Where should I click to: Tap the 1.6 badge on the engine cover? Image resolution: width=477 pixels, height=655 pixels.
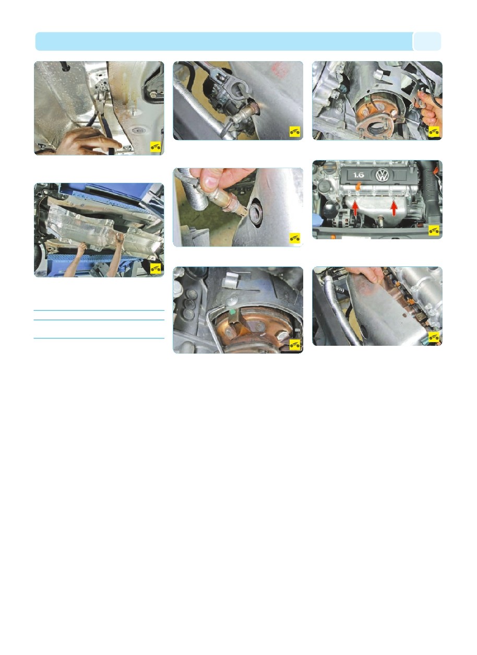pos(358,175)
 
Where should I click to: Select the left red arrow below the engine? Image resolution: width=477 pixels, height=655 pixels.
pos(355,208)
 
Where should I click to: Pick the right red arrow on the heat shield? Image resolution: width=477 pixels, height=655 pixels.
pos(394,208)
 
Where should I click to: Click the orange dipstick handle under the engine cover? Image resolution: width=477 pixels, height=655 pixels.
pos(357,186)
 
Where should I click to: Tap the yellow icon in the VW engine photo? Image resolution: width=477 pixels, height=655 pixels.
pos(434,230)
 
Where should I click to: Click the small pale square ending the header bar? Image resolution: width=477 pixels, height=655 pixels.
pos(427,41)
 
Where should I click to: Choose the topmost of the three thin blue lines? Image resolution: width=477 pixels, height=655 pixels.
pos(99,311)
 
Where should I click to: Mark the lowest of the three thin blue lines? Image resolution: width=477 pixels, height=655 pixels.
pos(99,338)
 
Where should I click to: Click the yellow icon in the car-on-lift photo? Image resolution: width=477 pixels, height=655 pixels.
pos(156,268)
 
